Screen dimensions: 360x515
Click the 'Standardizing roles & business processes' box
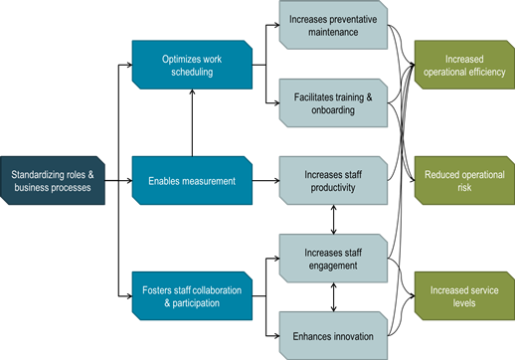pos(52,181)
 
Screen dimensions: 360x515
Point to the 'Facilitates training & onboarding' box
pos(333,103)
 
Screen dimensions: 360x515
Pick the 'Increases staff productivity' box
pos(333,181)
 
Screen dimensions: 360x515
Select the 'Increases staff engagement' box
pos(333,258)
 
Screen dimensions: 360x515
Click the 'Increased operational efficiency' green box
pos(463,66)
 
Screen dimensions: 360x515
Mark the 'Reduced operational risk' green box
pos(463,181)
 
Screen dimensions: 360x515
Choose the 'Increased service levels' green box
pos(463,295)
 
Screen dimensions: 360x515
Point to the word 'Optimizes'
pos(182,59)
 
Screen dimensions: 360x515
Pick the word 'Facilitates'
pos(316,97)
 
